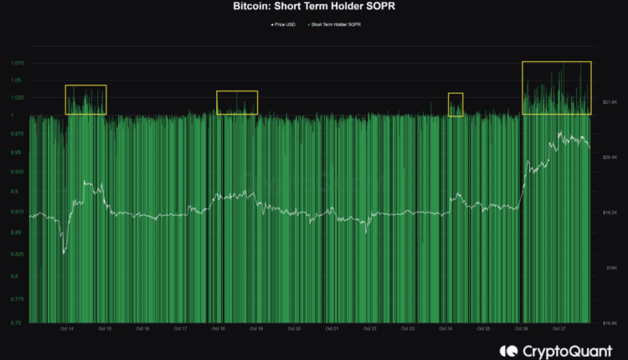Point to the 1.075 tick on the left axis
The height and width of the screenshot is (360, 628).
[x=17, y=64]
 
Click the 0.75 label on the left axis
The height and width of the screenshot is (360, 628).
[x=18, y=321]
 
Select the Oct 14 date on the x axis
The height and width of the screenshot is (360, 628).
[x=67, y=329]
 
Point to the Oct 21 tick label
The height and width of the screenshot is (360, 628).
[x=332, y=329]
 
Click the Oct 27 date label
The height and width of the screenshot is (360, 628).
[x=561, y=329]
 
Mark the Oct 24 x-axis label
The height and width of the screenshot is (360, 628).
[x=446, y=329]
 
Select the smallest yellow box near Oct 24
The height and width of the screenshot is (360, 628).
[x=456, y=104]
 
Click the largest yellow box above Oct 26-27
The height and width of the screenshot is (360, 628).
[x=557, y=87]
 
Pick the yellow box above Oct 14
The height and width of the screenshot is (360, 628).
[x=86, y=99]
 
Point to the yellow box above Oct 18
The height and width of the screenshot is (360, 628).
[x=237, y=102]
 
